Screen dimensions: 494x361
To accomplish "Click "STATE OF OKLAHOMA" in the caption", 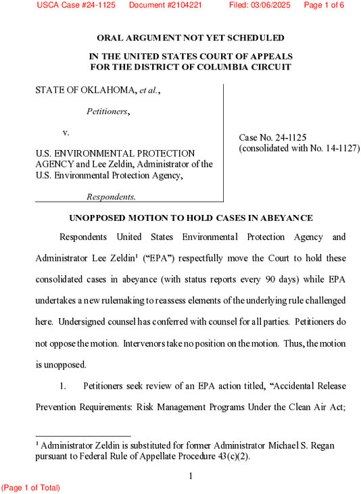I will (x=86, y=91).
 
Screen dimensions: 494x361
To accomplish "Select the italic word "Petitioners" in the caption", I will (x=107, y=111).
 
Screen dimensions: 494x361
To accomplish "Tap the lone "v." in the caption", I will (x=66, y=132).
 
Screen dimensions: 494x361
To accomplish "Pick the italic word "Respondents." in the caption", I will (x=111, y=197).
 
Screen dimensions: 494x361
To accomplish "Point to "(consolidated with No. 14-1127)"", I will (x=299, y=148).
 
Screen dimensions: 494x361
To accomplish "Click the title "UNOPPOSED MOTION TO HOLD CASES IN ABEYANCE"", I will (x=191, y=218).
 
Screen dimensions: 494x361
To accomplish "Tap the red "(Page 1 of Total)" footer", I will (x=30, y=487).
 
